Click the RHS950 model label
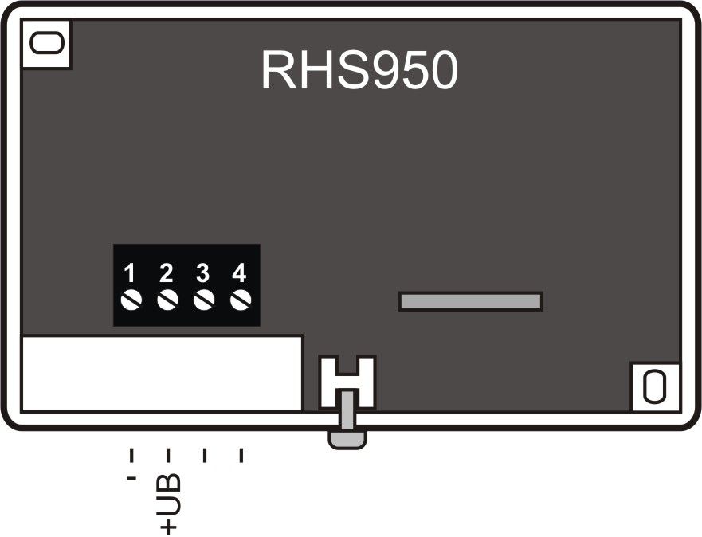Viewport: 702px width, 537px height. coord(359,73)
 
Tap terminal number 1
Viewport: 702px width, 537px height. coord(131,274)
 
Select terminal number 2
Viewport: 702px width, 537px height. coord(167,274)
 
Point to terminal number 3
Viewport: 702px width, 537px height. coord(203,274)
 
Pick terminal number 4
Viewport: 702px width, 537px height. coord(239,274)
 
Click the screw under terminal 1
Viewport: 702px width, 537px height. coord(131,300)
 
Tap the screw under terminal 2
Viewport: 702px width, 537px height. coord(167,300)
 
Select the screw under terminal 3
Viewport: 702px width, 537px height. coord(204,300)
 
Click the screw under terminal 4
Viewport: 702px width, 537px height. coord(240,300)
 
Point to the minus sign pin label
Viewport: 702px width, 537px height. coord(131,480)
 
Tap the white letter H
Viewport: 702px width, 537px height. coord(347,381)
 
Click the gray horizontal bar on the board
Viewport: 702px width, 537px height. coord(470,301)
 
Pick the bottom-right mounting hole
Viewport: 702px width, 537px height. coord(655,387)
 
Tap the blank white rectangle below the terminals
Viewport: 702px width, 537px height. coord(162,373)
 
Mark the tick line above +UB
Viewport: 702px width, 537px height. coord(167,455)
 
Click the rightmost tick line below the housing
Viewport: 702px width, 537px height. coord(241,455)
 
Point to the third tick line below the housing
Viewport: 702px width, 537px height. coord(205,455)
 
